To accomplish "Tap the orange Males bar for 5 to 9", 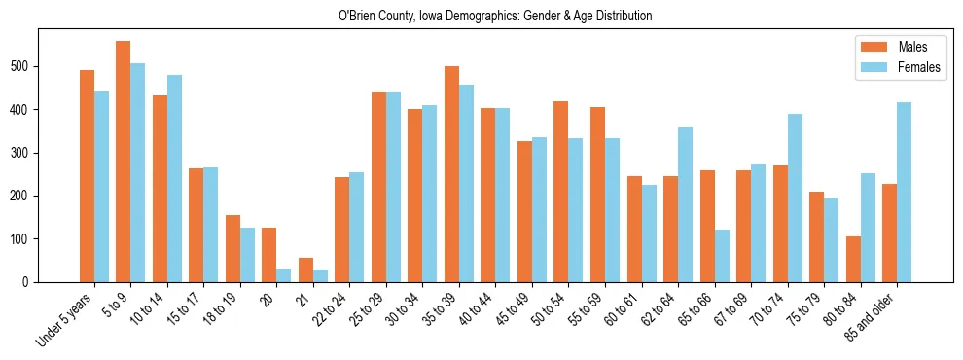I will pyautogui.click(x=124, y=162).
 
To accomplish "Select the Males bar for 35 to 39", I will pyautogui.click(x=452, y=174).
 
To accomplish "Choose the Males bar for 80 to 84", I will pyautogui.click(x=854, y=259).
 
